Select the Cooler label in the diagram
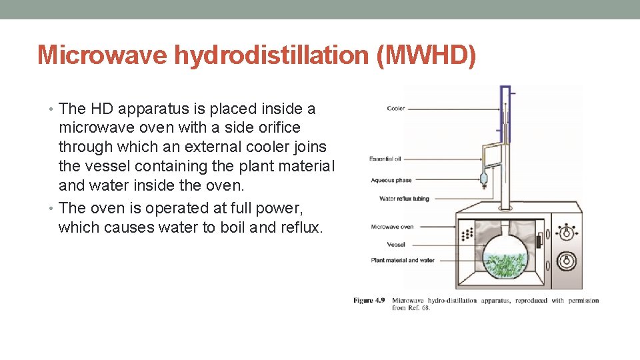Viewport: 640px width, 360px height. (395, 109)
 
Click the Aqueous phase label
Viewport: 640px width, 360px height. (391, 180)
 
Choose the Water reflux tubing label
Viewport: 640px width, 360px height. (404, 199)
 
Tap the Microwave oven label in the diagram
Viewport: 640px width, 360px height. (392, 227)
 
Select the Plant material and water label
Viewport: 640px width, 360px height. (403, 260)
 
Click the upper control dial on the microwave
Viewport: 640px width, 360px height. (567, 233)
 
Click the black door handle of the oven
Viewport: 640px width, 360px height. (538, 242)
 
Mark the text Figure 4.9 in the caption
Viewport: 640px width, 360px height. (369, 301)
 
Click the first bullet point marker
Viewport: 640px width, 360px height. (53, 109)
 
